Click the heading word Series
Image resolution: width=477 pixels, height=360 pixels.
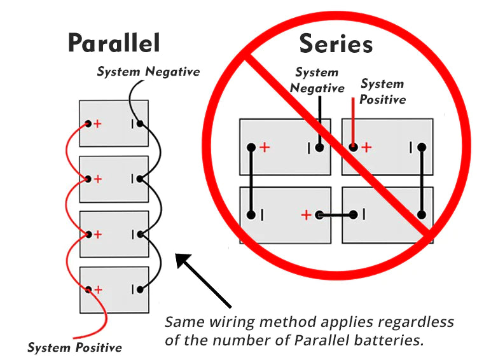[335, 44]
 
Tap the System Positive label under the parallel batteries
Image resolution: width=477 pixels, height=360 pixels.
[74, 348]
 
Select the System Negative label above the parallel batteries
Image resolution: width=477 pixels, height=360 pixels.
[148, 72]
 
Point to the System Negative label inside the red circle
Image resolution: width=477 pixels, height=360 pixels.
[317, 81]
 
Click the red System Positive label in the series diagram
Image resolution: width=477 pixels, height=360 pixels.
[382, 92]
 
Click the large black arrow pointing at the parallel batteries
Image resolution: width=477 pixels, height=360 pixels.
[203, 280]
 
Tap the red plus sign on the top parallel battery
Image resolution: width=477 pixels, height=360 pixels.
[97, 123]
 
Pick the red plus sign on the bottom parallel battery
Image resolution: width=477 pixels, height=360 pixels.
[97, 289]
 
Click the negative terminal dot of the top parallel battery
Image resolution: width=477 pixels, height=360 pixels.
[138, 123]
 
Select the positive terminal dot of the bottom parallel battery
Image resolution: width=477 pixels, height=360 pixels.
[88, 289]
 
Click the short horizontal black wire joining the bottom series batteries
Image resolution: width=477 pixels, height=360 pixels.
[335, 215]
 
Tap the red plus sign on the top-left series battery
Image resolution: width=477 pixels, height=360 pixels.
[265, 148]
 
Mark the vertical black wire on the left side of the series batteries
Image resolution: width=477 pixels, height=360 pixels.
[252, 181]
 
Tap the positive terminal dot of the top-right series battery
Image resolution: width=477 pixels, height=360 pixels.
[353, 148]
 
